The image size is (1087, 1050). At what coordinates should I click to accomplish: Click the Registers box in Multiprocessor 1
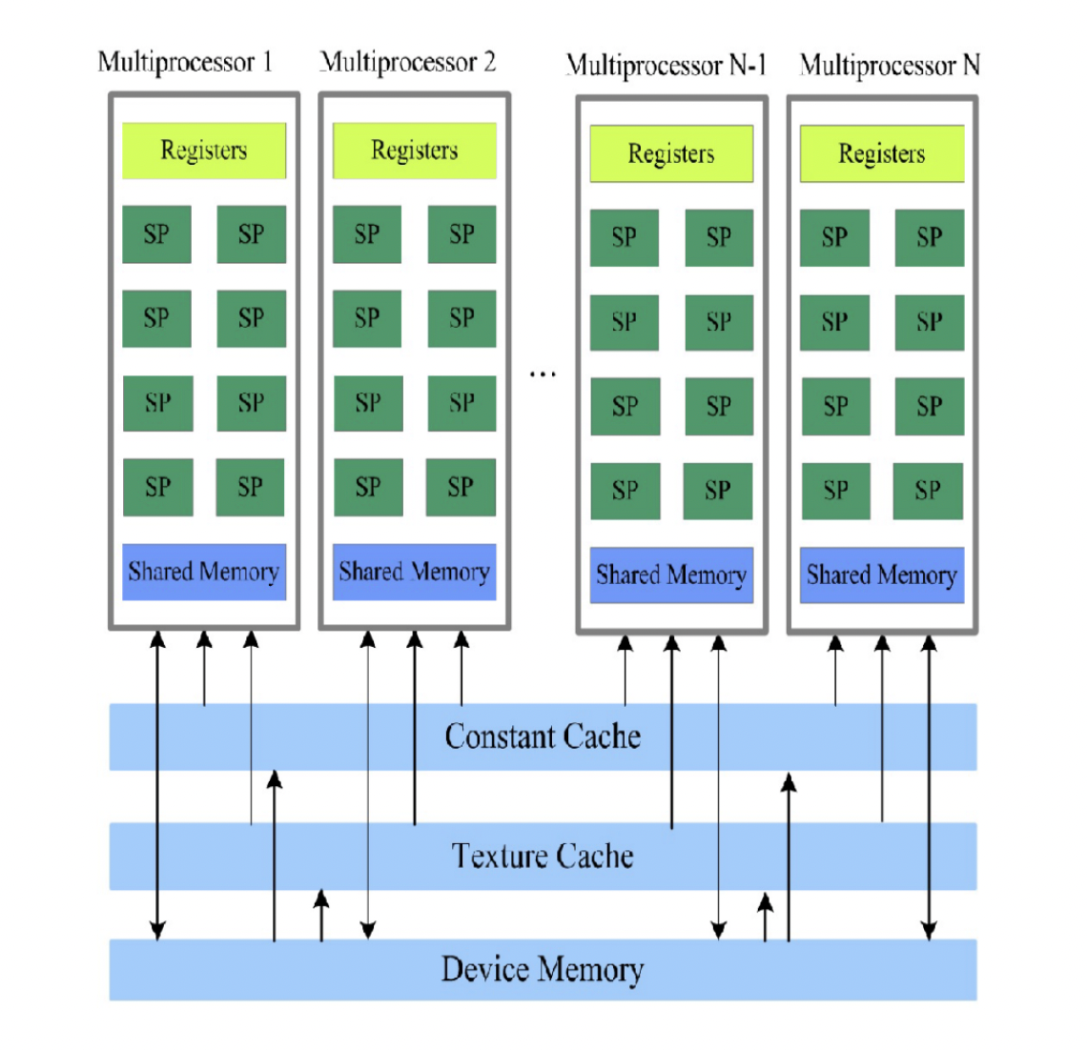coord(204,151)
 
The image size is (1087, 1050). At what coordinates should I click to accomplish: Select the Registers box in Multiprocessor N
coord(882,153)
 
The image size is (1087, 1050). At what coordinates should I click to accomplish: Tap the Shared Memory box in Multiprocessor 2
coord(414,572)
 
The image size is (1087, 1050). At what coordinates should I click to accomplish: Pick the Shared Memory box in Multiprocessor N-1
coord(671,575)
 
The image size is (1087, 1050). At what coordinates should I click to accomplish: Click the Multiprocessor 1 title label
coord(185,63)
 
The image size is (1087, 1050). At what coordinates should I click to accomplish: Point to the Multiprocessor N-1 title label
coord(667,66)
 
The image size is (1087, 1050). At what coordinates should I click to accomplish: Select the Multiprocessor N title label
coord(890,66)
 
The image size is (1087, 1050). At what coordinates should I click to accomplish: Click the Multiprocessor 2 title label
coord(408,63)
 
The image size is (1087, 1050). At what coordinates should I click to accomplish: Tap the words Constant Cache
coord(543,737)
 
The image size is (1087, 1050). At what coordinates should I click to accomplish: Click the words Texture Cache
coord(543,856)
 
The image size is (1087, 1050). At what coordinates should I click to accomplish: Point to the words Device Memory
coord(543,969)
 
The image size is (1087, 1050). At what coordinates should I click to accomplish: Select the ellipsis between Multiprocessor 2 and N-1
coord(543,374)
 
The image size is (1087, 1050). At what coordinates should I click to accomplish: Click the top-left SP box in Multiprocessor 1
coord(156,234)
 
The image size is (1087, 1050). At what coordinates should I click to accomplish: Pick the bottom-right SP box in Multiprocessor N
coord(929,491)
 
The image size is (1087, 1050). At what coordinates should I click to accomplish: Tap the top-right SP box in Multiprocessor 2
coord(461,234)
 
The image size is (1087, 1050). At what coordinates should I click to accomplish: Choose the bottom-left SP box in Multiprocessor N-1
coord(625,491)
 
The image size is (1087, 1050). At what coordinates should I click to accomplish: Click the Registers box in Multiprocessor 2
coord(414,151)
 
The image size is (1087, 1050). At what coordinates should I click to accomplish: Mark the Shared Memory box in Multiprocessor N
coord(882,575)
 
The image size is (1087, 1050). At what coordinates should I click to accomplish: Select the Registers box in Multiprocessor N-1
coord(671,153)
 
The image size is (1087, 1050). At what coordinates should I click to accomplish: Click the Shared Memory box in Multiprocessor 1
coord(204,572)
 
